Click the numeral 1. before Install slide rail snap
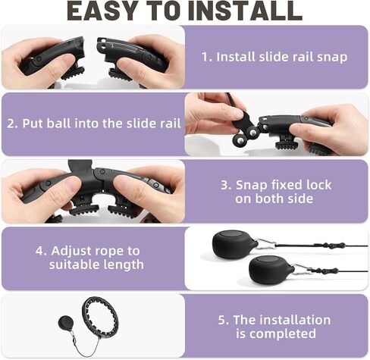click(x=207, y=57)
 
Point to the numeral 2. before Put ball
click(x=12, y=124)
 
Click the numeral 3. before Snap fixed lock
click(x=226, y=185)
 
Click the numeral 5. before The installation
click(x=224, y=320)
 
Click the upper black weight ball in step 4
click(x=234, y=244)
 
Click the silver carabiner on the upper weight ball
click(x=266, y=243)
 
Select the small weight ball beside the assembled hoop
click(x=66, y=323)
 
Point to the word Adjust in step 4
click(x=71, y=252)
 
